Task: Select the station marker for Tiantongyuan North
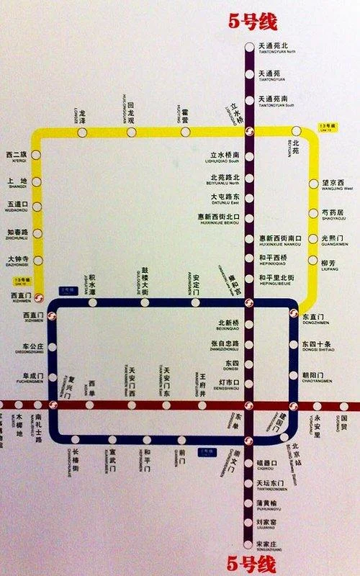(249, 48)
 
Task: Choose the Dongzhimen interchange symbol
(293, 313)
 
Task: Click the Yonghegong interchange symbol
(249, 302)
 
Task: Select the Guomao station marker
(343, 405)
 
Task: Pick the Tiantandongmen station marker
(249, 483)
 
